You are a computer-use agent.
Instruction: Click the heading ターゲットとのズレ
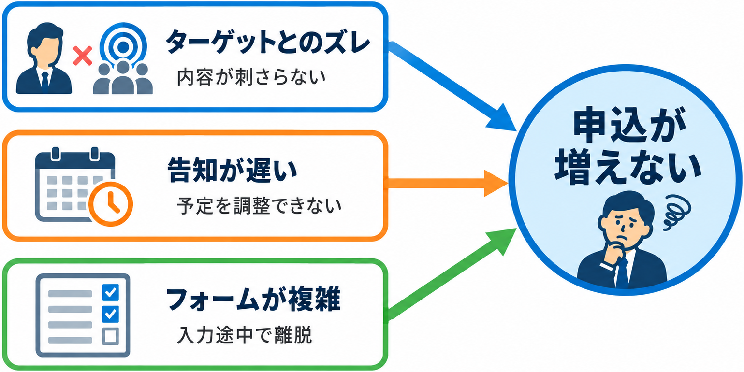(268, 43)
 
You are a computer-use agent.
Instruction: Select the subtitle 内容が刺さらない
(251, 77)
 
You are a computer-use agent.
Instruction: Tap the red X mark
(82, 56)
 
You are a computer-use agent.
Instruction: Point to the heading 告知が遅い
(233, 170)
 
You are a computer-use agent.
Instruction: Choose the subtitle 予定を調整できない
(259, 205)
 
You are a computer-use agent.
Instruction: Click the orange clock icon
(111, 204)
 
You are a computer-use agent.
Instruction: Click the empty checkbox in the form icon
(111, 336)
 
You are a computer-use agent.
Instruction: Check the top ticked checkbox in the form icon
(111, 292)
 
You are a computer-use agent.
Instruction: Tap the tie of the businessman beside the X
(45, 82)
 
